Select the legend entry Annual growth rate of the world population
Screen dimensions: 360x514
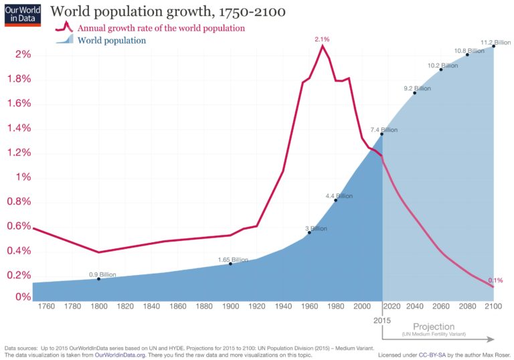pos(161,28)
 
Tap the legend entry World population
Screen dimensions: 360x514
pos(112,41)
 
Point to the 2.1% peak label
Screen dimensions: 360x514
pos(323,39)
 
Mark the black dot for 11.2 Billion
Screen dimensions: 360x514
pos(494,46)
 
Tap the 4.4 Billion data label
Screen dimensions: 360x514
pos(339,196)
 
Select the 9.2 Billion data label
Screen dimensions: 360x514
pos(417,88)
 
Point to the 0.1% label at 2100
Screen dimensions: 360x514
pos(495,280)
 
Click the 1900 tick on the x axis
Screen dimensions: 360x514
pos(231,306)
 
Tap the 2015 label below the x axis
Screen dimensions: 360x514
pos(382,319)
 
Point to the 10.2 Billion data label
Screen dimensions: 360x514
pos(442,66)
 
